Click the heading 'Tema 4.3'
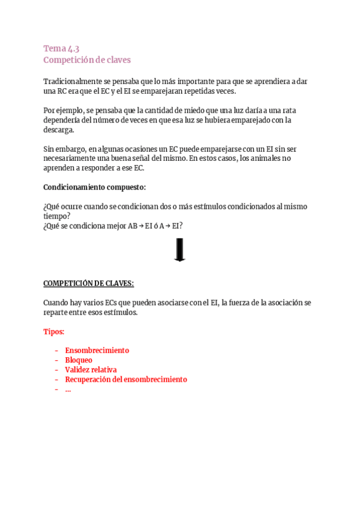(61, 49)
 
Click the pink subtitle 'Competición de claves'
(87, 60)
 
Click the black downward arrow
(179, 250)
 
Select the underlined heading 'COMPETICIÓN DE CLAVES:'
(89, 283)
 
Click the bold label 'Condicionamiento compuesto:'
(95, 187)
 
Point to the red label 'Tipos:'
(54, 331)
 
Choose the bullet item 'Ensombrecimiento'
(97, 351)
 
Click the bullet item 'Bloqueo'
(79, 360)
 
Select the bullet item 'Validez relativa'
(91, 370)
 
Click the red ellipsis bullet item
(68, 389)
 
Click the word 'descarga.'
(59, 130)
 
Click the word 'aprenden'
(59, 168)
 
